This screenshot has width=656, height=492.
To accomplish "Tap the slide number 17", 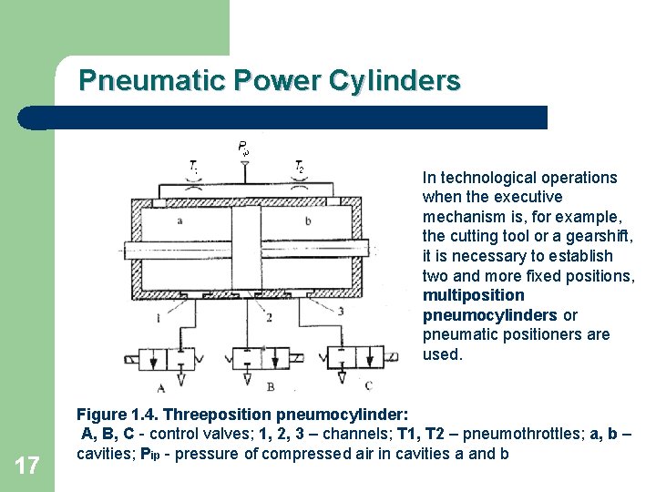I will coord(27,466).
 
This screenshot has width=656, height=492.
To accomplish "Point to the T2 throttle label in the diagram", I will coord(299,167).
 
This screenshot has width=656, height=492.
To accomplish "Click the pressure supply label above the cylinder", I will coord(243,147).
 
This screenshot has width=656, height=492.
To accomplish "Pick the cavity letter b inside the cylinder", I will coord(307,220).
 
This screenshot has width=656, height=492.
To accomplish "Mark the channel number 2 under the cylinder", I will coord(269,316).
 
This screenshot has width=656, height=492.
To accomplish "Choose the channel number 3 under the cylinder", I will coord(340,311).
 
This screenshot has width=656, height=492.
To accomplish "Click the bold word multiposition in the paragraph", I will coord(474,295).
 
